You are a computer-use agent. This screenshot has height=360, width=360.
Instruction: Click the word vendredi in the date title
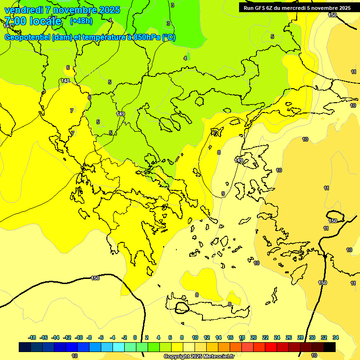[23, 9]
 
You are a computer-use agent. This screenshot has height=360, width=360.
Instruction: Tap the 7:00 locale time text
[33, 21]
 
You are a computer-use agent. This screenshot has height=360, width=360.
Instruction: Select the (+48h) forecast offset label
[81, 21]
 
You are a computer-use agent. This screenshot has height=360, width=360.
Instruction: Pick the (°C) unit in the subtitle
[169, 37]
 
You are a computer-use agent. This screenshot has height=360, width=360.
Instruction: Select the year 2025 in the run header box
[344, 8]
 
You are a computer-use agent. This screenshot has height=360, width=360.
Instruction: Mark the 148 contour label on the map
[65, 81]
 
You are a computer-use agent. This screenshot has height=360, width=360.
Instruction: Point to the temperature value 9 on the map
[223, 194]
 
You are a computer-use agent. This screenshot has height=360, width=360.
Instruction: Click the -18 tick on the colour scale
[32, 337]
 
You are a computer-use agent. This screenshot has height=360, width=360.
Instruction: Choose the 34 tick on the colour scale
[336, 337]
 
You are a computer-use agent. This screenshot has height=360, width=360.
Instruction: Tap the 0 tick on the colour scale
[135, 337]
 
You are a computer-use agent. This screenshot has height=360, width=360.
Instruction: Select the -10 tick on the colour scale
[79, 337]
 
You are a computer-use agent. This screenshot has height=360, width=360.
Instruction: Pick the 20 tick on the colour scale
[254, 337]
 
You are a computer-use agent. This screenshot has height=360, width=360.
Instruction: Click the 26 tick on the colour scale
[289, 337]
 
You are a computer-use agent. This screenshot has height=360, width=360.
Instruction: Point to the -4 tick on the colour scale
[113, 337]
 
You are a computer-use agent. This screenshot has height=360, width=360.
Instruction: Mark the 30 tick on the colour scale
[312, 337]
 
